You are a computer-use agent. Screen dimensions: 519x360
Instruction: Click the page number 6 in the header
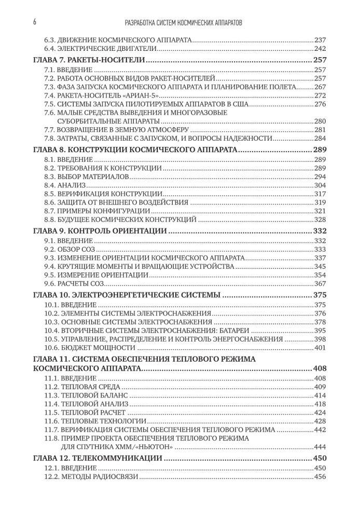click(34, 23)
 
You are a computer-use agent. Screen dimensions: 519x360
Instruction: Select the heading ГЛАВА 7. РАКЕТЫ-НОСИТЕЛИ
click(88, 60)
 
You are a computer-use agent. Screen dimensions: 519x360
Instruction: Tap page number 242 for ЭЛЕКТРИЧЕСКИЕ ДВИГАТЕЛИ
click(320, 48)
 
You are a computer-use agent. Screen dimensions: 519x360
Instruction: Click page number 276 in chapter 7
click(320, 104)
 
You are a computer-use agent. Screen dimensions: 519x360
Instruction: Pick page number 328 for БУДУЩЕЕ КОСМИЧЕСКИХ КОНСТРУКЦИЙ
click(320, 220)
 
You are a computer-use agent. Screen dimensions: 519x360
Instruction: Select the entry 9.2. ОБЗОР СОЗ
click(68, 250)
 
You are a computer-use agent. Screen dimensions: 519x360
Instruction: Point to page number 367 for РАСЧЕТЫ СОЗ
click(320, 283)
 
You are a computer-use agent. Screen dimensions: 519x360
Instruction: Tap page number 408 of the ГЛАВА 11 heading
click(320, 368)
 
